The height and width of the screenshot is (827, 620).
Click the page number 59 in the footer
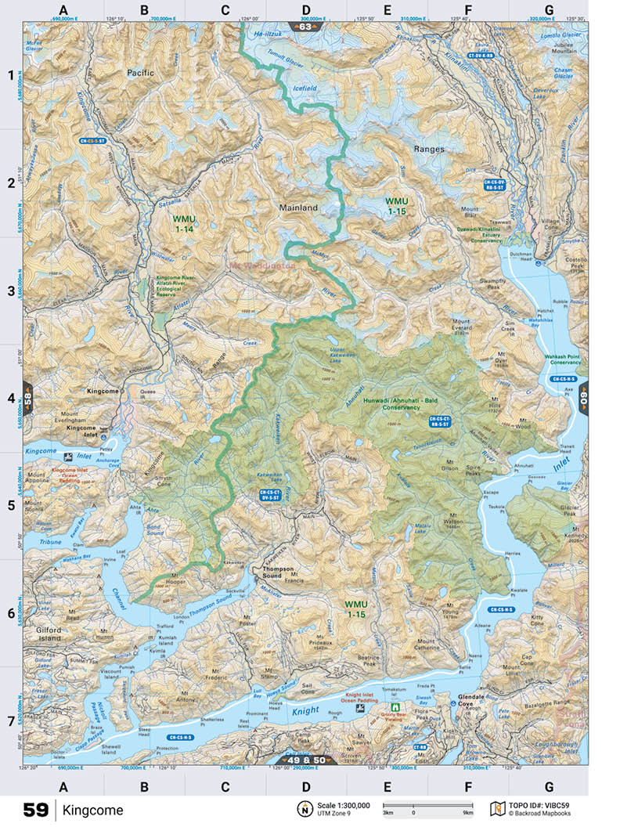tap(36, 810)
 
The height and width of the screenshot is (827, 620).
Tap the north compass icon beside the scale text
tap(303, 809)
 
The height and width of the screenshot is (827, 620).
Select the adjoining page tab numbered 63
tap(305, 27)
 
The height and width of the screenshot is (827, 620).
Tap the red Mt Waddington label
tap(261, 265)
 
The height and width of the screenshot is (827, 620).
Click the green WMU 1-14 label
tap(185, 224)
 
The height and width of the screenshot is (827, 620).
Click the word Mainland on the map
tap(299, 208)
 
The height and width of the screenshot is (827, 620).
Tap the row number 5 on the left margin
tap(12, 505)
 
